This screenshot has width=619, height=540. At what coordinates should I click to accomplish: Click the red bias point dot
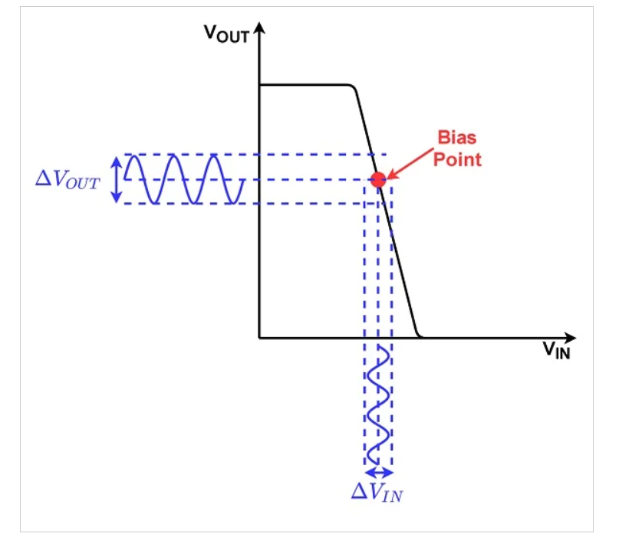[x=377, y=181]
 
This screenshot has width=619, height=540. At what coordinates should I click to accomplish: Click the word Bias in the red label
[x=456, y=139]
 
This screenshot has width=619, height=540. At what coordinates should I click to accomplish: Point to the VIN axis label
[x=556, y=351]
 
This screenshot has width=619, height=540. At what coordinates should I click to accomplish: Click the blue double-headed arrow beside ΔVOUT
[x=116, y=180]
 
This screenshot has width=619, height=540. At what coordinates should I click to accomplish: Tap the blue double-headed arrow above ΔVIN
[x=377, y=473]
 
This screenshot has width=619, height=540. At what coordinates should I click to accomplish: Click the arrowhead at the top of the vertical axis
[x=259, y=28]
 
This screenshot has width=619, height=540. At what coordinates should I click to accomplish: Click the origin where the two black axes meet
[x=259, y=337]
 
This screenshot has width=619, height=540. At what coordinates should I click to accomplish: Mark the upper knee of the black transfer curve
[x=354, y=87]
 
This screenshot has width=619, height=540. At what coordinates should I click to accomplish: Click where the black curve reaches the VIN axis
[x=421, y=336]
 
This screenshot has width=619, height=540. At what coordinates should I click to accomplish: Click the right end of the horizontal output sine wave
[x=243, y=181]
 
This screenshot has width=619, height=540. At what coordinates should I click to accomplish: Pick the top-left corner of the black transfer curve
[x=260, y=85]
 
